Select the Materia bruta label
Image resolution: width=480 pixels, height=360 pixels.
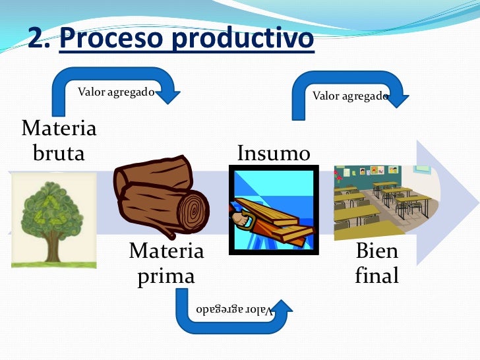click(x=59, y=140)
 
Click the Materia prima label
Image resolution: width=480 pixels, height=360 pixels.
click(x=166, y=263)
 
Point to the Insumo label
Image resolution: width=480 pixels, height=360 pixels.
click(x=274, y=154)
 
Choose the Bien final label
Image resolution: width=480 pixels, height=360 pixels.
click(x=376, y=263)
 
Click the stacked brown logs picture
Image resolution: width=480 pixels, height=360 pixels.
click(x=162, y=195)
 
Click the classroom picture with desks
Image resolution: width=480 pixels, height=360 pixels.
click(x=382, y=201)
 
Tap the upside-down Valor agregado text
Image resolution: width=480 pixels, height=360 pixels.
click(x=234, y=310)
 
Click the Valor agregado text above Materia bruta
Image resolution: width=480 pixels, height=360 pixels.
click(x=116, y=92)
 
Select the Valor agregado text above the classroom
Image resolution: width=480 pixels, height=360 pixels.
click(x=350, y=96)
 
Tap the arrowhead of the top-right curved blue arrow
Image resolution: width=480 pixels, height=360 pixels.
click(x=398, y=98)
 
